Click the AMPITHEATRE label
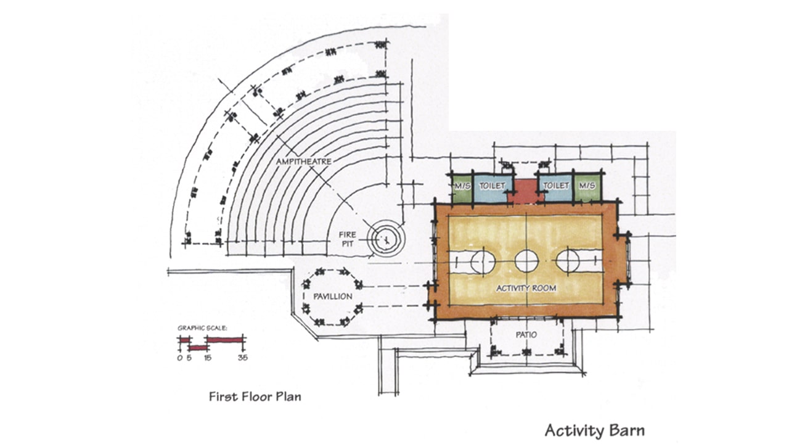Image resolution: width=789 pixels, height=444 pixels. pyautogui.click(x=304, y=162)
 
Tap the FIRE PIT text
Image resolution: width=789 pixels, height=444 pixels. pyautogui.click(x=347, y=239)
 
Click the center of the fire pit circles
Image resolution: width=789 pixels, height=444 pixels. pyautogui.click(x=386, y=239)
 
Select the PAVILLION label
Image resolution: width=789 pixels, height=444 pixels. pyautogui.click(x=333, y=297)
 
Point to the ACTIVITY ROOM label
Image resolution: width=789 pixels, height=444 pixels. pyautogui.click(x=526, y=288)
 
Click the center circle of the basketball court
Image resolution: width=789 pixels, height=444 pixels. pyautogui.click(x=526, y=261)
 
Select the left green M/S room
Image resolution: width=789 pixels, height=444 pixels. pyautogui.click(x=462, y=189)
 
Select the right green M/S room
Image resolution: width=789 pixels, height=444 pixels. pyautogui.click(x=587, y=189)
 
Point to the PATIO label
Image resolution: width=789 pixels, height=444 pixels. pyautogui.click(x=526, y=335)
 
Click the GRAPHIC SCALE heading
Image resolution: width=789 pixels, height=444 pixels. pyautogui.click(x=202, y=328)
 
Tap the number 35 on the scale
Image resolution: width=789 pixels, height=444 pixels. pyautogui.click(x=243, y=358)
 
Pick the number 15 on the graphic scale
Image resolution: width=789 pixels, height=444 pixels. pyautogui.click(x=208, y=358)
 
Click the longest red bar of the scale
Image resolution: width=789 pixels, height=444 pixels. pyautogui.click(x=225, y=340)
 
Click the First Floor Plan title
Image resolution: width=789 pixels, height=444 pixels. pyautogui.click(x=255, y=397)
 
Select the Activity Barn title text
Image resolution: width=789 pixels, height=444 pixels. pyautogui.click(x=595, y=431)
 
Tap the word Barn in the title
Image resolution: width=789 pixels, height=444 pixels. pyautogui.click(x=626, y=430)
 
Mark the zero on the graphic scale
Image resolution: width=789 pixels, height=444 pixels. pyautogui.click(x=180, y=358)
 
